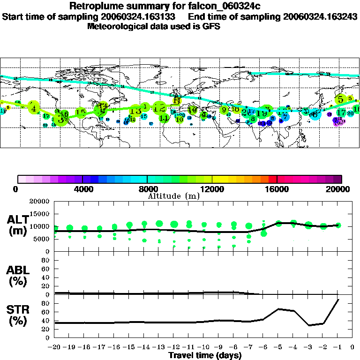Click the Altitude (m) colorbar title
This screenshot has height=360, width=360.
tap(173, 195)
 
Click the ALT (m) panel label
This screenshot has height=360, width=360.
tap(18, 225)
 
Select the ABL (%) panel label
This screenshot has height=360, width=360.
tap(18, 276)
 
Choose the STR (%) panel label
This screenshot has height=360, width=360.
tap(18, 315)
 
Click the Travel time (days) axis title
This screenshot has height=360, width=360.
tap(205, 356)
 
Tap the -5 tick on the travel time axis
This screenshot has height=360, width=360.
tap(278, 348)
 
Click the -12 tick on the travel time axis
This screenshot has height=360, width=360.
tap(173, 348)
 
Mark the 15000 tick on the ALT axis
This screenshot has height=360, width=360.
tap(39, 214)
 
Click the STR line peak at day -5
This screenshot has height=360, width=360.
tap(278, 309)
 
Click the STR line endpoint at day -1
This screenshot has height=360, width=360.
tap(338, 299)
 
